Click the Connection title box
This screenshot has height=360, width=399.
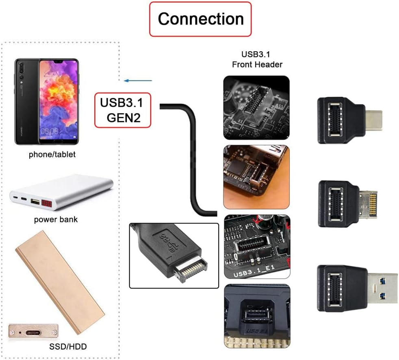(x=200, y=19)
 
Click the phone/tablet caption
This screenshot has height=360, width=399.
(x=52, y=154)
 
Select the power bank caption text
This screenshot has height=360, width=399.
(x=56, y=220)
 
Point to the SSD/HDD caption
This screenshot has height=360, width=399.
(x=69, y=347)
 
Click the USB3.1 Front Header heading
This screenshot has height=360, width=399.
(x=257, y=59)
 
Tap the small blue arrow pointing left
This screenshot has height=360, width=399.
(x=138, y=80)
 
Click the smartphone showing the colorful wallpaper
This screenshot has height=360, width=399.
(x=47, y=101)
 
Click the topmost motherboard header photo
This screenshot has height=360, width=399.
(x=256, y=108)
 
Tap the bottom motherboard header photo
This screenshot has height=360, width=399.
(x=257, y=316)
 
